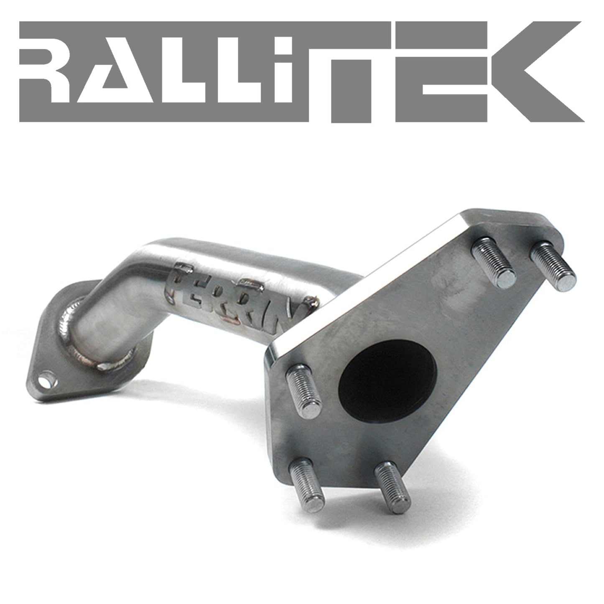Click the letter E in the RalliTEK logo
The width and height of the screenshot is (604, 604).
click(441, 71)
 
